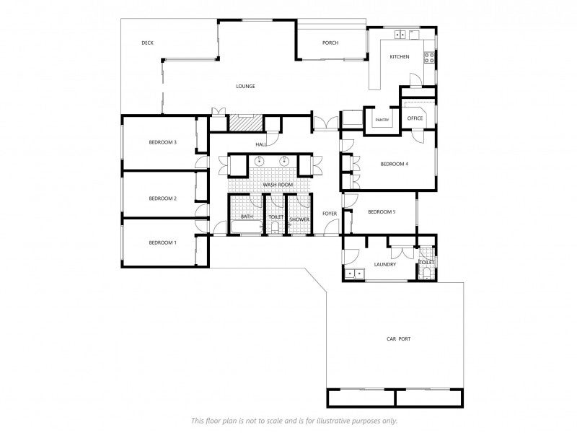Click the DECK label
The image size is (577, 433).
coord(147,43)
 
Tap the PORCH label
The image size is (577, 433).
coord(330,43)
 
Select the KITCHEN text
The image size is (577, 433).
coord(399,57)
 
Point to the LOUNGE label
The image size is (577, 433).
coord(245,87)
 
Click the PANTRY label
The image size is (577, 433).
coord(382,121)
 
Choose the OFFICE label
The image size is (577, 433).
coord(415,118)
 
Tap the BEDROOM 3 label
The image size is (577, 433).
coord(162,143)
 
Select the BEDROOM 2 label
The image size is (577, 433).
coord(162,198)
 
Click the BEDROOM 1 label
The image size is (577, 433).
coord(162,243)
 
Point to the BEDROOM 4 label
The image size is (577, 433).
coord(394,165)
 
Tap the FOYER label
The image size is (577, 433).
coord(330,214)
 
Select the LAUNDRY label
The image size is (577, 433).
coord(385,265)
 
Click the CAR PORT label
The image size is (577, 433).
coord(398,338)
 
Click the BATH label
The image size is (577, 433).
coord(247,217)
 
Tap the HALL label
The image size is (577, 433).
coord(261,145)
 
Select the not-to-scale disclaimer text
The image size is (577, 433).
coord(294,421)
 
